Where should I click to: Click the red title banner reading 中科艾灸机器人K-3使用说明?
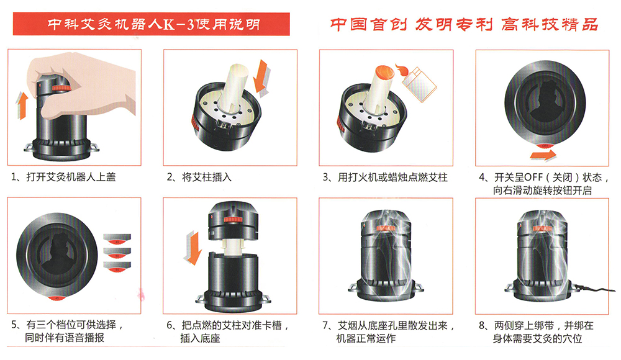152,24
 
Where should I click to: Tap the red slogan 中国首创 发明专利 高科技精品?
464,25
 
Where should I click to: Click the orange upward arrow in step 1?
22,105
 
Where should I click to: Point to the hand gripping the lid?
83,87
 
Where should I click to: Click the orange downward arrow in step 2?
261,77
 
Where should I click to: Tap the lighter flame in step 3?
402,71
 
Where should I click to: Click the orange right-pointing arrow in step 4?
543,155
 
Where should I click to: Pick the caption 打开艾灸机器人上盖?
71,177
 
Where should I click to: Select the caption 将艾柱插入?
206,177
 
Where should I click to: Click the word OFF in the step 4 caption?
533,178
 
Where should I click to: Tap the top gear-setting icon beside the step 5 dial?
117,238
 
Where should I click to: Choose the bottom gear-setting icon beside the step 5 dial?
117,266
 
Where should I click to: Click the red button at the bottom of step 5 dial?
57,298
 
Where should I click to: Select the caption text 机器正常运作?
366,338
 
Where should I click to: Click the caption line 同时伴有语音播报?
65,338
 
